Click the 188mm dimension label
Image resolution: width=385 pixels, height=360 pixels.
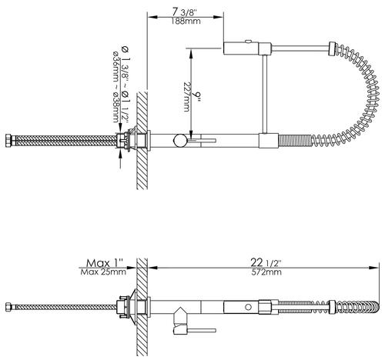pyautogui.click(x=186, y=22)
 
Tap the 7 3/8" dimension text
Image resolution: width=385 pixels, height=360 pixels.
pyautogui.click(x=186, y=12)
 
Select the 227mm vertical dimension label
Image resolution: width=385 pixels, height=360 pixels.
pyautogui.click(x=187, y=97)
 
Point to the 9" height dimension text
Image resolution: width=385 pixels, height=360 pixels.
pyautogui.click(x=197, y=97)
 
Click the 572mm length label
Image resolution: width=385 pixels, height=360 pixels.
pyautogui.click(x=266, y=272)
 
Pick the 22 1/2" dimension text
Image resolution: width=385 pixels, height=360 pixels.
pyautogui.click(x=266, y=262)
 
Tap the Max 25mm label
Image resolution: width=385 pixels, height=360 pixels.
pyautogui.click(x=103, y=272)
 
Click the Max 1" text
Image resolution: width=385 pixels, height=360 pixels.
pyautogui.click(x=105, y=263)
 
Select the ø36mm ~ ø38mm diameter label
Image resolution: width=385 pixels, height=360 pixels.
pyautogui.click(x=115, y=87)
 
